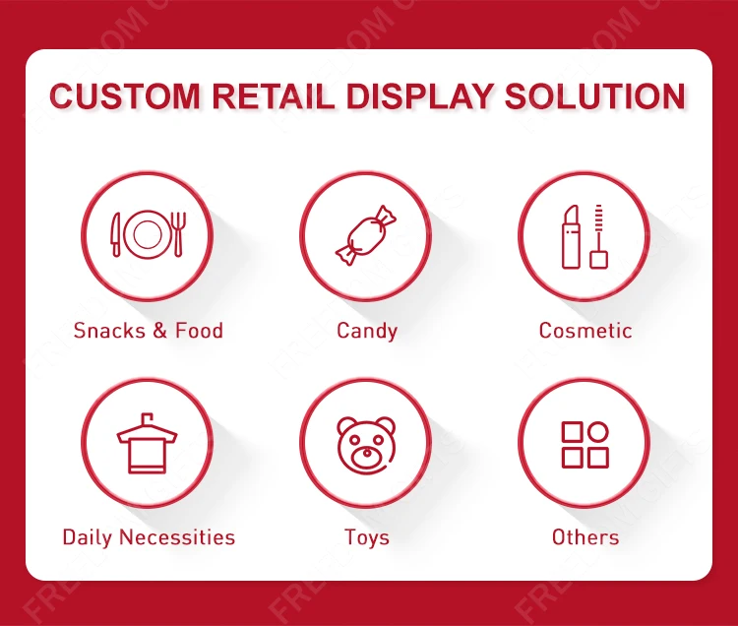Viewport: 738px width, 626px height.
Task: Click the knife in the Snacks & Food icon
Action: pyautogui.click(x=116, y=235)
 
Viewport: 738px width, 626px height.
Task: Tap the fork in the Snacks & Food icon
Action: pyautogui.click(x=178, y=234)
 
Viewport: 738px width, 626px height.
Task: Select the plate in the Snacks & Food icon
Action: pyautogui.click(x=148, y=234)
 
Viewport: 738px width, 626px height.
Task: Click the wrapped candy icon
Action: pyautogui.click(x=365, y=236)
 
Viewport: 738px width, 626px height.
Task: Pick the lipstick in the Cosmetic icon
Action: pyautogui.click(x=571, y=237)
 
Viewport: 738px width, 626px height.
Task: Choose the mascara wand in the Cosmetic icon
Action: pyautogui.click(x=598, y=237)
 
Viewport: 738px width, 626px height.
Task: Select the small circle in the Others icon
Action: pyautogui.click(x=598, y=431)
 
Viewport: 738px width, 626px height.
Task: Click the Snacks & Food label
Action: pyautogui.click(x=149, y=331)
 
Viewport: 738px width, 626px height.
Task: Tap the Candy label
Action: pyautogui.click(x=367, y=331)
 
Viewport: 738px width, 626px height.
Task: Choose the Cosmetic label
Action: pyautogui.click(x=585, y=331)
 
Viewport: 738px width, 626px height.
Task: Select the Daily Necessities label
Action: pyautogui.click(x=149, y=537)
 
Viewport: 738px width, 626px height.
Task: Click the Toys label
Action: pyautogui.click(x=367, y=537)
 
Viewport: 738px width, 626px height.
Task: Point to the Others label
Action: pyautogui.click(x=585, y=537)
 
